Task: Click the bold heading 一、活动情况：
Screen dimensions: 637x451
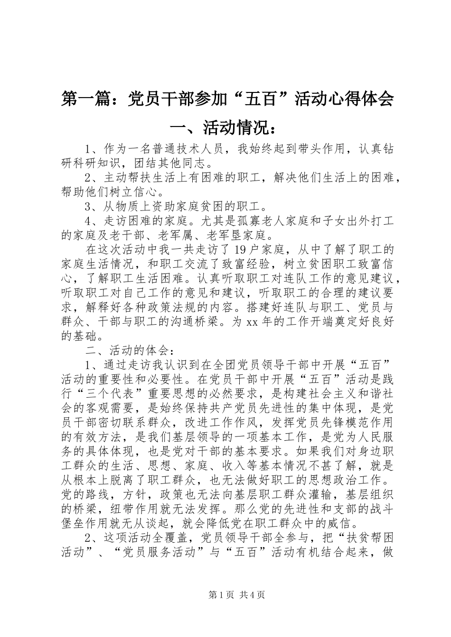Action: pos(225,127)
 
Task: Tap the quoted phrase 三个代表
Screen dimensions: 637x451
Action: pos(104,394)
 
